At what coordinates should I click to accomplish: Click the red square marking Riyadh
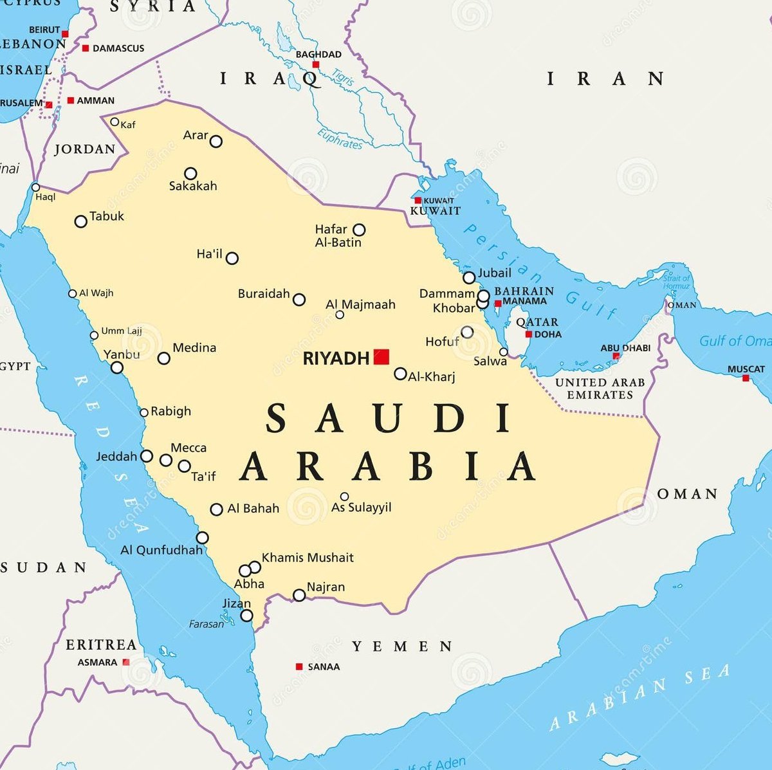pyautogui.click(x=381, y=357)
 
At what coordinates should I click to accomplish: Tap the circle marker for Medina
pyautogui.click(x=164, y=358)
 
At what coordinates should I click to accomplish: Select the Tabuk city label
pyautogui.click(x=107, y=216)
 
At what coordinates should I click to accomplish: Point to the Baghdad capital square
pyautogui.click(x=316, y=65)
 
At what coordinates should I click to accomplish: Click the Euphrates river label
pyautogui.click(x=339, y=139)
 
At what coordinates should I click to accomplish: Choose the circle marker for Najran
pyautogui.click(x=299, y=595)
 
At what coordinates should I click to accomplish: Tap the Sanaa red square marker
pyautogui.click(x=299, y=667)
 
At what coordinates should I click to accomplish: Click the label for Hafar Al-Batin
pyautogui.click(x=338, y=235)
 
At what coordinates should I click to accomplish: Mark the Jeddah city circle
pyautogui.click(x=147, y=456)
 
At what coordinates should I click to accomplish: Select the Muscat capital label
pyautogui.click(x=746, y=369)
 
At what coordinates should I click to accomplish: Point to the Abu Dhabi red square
pyautogui.click(x=616, y=356)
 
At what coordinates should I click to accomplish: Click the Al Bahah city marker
pyautogui.click(x=217, y=509)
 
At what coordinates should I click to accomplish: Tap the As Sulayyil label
pyautogui.click(x=361, y=508)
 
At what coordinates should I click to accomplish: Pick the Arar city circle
pyautogui.click(x=216, y=142)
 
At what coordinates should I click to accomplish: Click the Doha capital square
pyautogui.click(x=529, y=335)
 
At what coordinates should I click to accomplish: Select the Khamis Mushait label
pyautogui.click(x=308, y=558)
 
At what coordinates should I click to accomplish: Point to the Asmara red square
pyautogui.click(x=126, y=662)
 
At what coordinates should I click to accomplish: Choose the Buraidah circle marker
pyautogui.click(x=299, y=299)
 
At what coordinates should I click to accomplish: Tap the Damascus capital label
pyautogui.click(x=118, y=48)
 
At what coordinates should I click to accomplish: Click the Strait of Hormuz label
pyautogui.click(x=676, y=282)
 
